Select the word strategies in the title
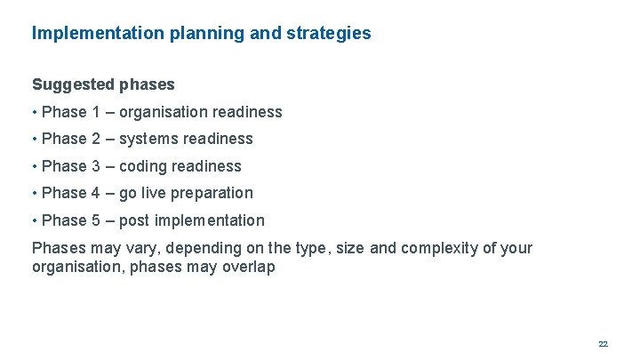(x=331, y=34)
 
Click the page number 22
(x=603, y=343)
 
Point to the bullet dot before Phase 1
(x=35, y=113)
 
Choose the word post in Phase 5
(x=135, y=220)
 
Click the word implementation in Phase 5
(x=210, y=220)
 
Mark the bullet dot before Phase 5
(x=35, y=220)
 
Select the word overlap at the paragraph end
(x=248, y=267)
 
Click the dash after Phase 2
(x=109, y=139)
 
